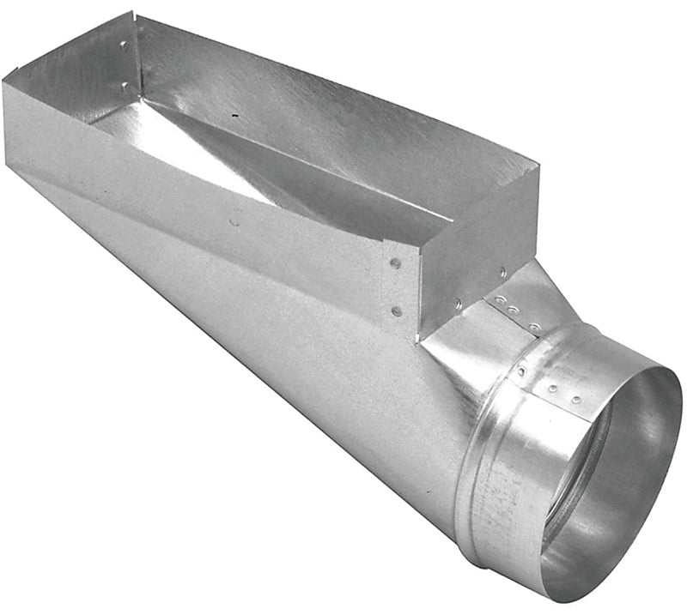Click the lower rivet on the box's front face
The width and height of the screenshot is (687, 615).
396,311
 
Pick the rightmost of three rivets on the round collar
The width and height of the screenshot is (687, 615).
576,399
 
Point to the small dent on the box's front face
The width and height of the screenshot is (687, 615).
234,222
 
